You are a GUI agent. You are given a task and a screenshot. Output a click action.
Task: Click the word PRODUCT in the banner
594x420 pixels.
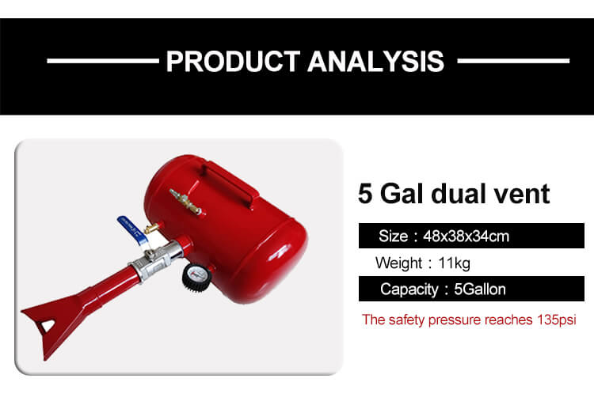234,61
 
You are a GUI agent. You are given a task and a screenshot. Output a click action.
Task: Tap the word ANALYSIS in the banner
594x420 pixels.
375,61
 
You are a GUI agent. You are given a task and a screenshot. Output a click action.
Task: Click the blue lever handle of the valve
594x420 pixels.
132,229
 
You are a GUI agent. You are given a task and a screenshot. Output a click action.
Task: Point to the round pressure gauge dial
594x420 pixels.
196,278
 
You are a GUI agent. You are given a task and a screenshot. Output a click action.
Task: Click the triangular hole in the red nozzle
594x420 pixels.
48,325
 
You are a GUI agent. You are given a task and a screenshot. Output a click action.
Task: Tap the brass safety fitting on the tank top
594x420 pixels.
185,202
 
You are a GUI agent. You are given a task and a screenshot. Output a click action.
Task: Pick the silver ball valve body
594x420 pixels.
155,259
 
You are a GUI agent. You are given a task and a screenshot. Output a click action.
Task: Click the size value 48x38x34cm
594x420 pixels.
466,236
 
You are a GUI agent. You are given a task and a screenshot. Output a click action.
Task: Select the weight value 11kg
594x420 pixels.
455,263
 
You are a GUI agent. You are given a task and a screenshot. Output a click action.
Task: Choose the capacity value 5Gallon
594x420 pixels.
480,289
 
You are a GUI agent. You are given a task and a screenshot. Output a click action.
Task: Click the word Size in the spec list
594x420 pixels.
393,236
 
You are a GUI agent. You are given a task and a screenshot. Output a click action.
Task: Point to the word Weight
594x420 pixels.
398,263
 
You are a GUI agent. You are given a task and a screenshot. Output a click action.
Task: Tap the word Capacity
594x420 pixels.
409,289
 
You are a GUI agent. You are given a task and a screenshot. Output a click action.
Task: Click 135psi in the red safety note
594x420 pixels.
557,320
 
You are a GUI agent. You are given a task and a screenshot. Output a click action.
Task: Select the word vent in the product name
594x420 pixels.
522,194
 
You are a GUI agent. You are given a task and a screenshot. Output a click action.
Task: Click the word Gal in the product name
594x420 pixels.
402,194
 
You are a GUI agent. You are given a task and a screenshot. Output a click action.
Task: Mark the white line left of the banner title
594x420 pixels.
103,61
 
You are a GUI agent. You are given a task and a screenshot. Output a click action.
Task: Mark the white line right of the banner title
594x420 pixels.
513,61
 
